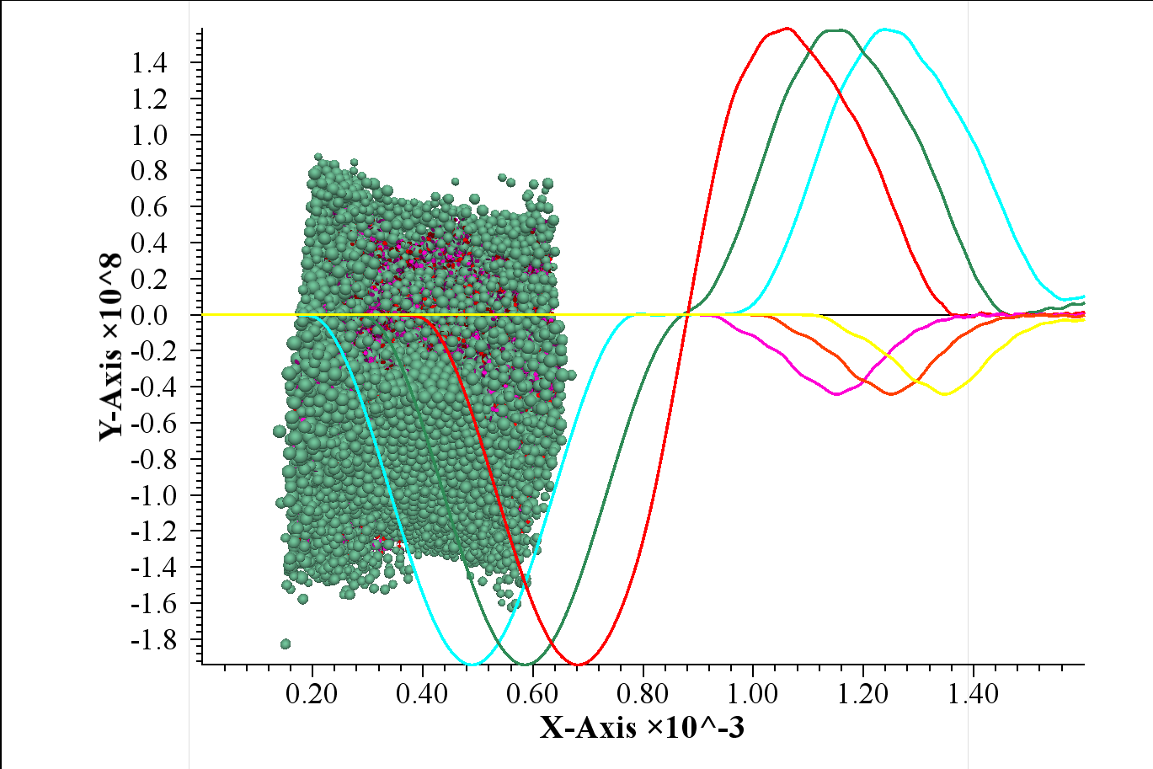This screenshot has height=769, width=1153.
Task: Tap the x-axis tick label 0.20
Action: pyautogui.click(x=312, y=695)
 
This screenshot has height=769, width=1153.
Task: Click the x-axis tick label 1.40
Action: pyautogui.click(x=973, y=695)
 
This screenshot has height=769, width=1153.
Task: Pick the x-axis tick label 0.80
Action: pyautogui.click(x=643, y=695)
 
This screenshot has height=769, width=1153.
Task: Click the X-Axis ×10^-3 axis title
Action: pyautogui.click(x=642, y=727)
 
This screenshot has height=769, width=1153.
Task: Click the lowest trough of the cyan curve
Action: pyautogui.click(x=472, y=664)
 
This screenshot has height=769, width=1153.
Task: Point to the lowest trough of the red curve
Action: pyautogui.click(x=577, y=665)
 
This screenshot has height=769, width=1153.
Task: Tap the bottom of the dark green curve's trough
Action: pyautogui.click(x=524, y=665)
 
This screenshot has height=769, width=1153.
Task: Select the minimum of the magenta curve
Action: pyautogui.click(x=836, y=394)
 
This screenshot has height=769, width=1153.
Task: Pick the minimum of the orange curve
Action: pyautogui.click(x=891, y=394)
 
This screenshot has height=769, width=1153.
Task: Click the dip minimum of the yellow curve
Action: pyautogui.click(x=945, y=394)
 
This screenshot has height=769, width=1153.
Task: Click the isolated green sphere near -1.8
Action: pyautogui.click(x=286, y=644)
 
